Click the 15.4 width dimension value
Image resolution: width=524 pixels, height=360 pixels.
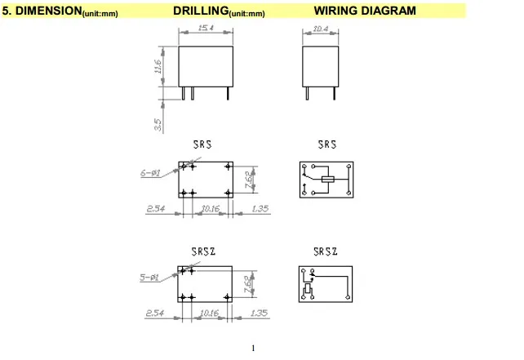pyautogui.click(x=206, y=28)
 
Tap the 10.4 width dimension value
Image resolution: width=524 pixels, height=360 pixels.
pyautogui.click(x=321, y=29)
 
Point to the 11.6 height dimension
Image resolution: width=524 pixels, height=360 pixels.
pyautogui.click(x=158, y=66)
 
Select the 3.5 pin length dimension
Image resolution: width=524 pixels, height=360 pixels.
pyautogui.click(x=158, y=125)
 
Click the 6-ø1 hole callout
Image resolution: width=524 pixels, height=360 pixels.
pyautogui.click(x=150, y=173)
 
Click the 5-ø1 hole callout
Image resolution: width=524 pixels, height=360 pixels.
pyautogui.click(x=149, y=277)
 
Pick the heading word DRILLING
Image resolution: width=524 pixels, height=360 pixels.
pyautogui.click(x=201, y=11)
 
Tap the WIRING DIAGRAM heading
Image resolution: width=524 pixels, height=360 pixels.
pyautogui.click(x=365, y=11)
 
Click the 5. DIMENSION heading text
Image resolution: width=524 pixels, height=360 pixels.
pyautogui.click(x=42, y=11)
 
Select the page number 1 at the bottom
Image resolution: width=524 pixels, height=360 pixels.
pyautogui.click(x=253, y=349)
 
